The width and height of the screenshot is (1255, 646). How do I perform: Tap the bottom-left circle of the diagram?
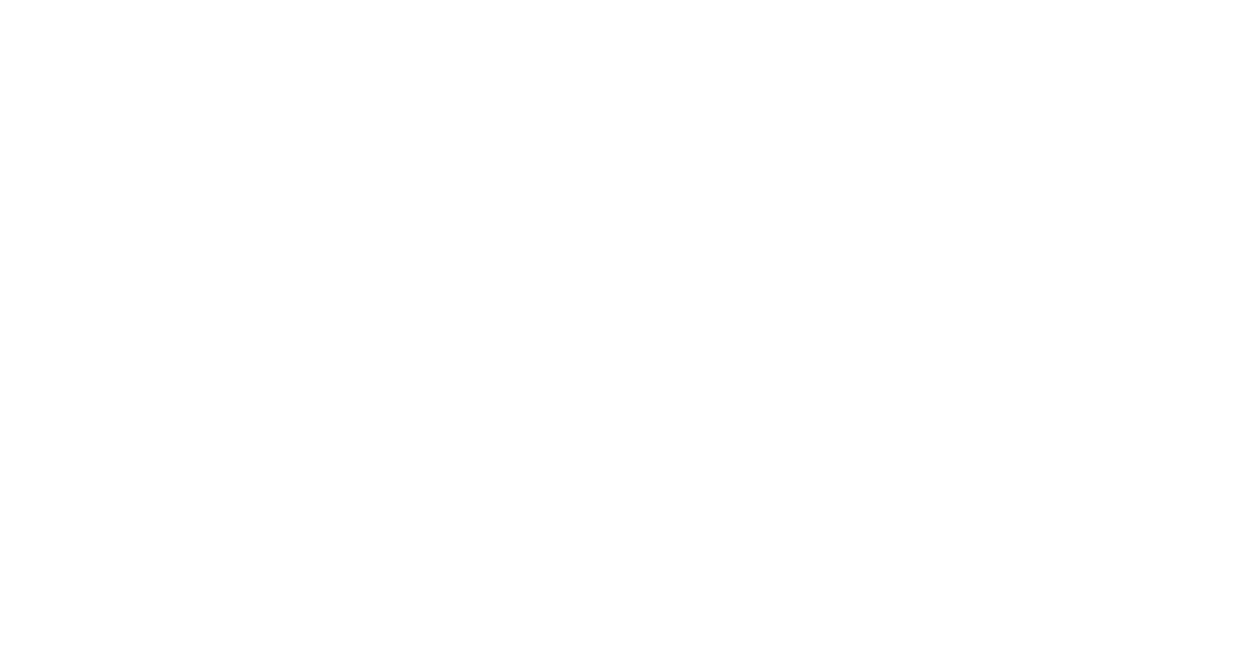tap(223, 551)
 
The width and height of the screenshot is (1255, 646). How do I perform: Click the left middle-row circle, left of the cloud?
tap(318, 334)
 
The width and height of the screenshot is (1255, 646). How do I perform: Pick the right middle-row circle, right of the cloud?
tap(958, 336)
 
